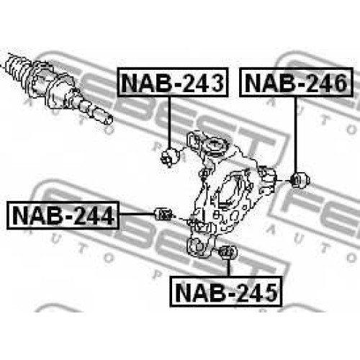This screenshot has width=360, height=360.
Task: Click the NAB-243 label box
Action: tap(173, 82)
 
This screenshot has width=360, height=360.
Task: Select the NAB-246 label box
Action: tap(297, 82)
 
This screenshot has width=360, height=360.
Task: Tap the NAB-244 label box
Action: tap(63, 215)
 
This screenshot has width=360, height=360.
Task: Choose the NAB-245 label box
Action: tap(225, 292)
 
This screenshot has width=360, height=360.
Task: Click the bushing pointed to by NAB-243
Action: tap(170, 157)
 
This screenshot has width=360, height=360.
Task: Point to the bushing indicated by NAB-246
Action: tap(300, 180)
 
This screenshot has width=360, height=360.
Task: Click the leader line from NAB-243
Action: tap(169, 122)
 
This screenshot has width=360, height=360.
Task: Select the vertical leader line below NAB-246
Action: tap(296, 135)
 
